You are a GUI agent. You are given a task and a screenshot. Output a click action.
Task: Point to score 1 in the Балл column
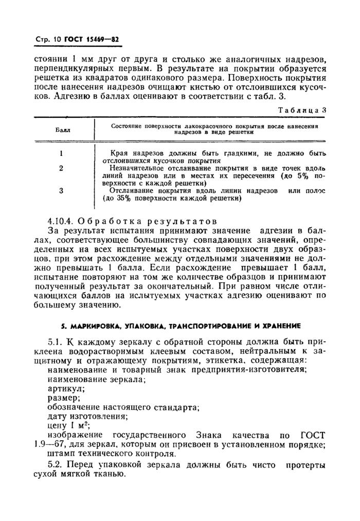pyautogui.click(x=61, y=153)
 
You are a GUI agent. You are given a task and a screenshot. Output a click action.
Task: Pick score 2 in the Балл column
pyautogui.click(x=61, y=168)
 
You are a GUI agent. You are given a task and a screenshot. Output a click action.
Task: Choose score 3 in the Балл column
pyautogui.click(x=61, y=190)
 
